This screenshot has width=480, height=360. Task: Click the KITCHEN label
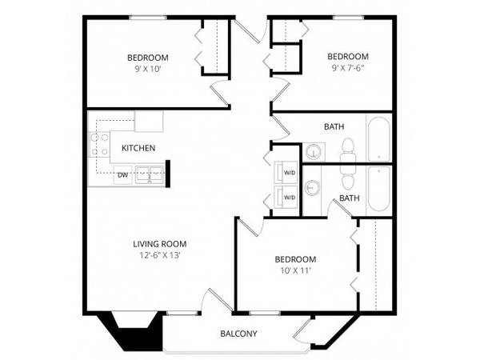[138, 148]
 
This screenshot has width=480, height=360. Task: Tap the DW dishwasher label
[122, 175]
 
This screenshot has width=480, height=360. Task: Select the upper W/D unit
[286, 172]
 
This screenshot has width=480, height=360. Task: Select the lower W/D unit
[286, 197]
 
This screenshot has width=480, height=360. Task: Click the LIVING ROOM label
[160, 244]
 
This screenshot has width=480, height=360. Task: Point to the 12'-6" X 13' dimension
[159, 255]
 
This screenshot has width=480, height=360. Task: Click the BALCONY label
[238, 334]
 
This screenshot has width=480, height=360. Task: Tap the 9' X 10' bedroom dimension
[148, 69]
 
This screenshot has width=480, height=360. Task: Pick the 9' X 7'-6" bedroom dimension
[348, 68]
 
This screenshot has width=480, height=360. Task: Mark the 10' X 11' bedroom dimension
[296, 270]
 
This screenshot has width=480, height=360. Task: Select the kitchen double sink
[150, 174]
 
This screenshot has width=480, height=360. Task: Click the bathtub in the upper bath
[379, 139]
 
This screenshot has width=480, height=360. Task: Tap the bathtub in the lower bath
[379, 189]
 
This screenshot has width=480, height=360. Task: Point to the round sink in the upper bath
[313, 151]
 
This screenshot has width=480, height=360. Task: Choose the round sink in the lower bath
[312, 186]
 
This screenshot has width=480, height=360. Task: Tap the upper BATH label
[334, 126]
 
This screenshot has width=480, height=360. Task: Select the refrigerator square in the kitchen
[149, 122]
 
